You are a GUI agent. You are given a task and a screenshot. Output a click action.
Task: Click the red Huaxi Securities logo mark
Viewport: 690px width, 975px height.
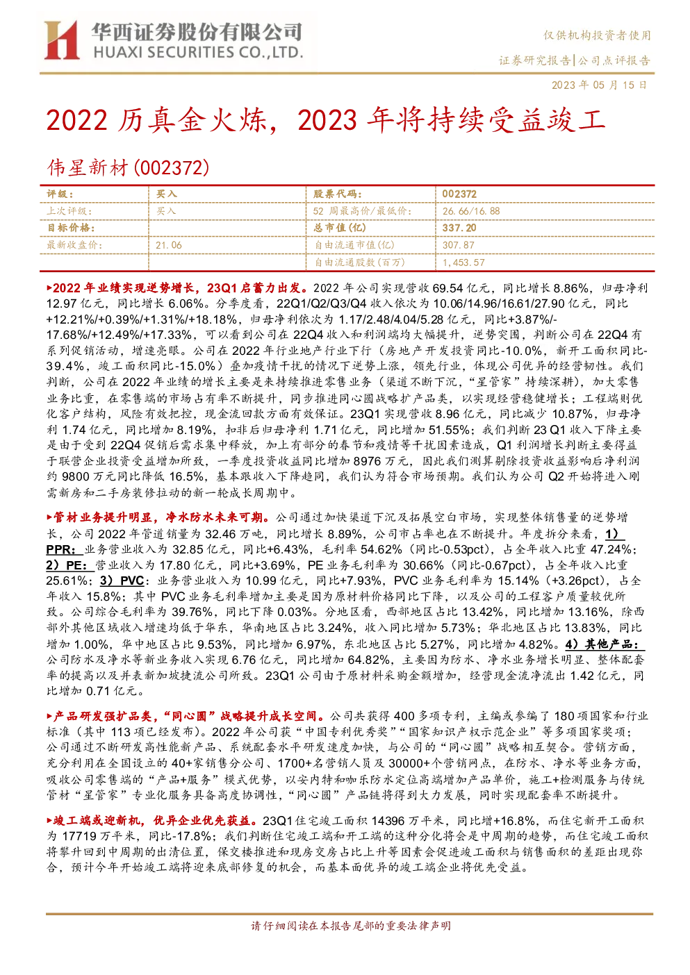(x=62, y=40)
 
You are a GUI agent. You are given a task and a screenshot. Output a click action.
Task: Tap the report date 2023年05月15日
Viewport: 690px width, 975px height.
(x=599, y=85)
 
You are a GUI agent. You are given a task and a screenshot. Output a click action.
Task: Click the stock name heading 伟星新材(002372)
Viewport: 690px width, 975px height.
(x=128, y=167)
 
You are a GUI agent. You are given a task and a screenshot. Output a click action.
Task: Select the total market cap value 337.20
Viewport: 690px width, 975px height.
(x=459, y=228)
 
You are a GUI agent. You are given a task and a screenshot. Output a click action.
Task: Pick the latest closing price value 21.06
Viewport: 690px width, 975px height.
(x=169, y=245)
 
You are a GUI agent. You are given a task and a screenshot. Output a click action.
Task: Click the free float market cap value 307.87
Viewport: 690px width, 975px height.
(x=458, y=245)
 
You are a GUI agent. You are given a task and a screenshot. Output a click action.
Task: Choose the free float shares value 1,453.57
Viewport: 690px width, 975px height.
(x=463, y=262)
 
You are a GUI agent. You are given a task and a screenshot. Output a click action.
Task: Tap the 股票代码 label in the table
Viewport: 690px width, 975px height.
(x=337, y=194)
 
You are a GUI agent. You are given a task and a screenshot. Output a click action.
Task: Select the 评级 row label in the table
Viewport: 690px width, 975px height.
(x=60, y=194)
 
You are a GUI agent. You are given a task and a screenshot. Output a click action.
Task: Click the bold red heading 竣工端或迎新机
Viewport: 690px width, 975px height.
(x=97, y=820)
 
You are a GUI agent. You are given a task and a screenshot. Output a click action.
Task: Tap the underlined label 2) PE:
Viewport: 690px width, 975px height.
(x=69, y=565)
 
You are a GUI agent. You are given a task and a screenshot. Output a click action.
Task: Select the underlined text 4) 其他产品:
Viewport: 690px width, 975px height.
(x=605, y=644)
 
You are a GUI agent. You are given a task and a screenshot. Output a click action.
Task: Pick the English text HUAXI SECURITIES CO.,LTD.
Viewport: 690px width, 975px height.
(x=198, y=52)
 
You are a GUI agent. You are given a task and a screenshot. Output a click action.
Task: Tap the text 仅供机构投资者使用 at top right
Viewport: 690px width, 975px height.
(x=597, y=35)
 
